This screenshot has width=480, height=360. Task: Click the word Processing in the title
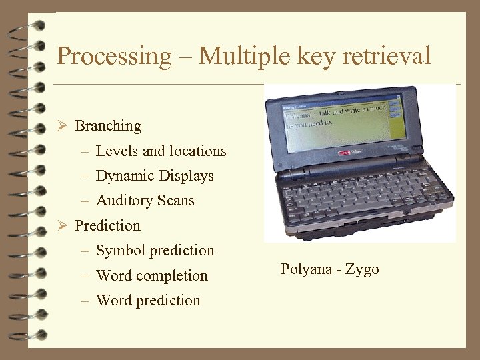[x=114, y=56]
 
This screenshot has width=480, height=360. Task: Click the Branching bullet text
[x=108, y=126]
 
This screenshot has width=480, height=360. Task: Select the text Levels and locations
[x=161, y=151]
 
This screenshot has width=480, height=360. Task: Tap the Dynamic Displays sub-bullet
[x=155, y=176]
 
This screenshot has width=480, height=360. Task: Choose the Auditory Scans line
[x=145, y=201]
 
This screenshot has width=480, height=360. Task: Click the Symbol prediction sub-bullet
[x=155, y=251]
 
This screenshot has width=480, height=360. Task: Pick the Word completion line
[x=151, y=276]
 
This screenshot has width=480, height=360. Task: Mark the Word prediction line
[x=148, y=301]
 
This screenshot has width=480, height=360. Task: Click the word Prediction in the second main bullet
[x=107, y=226]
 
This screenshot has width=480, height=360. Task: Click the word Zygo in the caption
[x=363, y=269]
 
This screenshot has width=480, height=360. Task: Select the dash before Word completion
[x=85, y=276]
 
